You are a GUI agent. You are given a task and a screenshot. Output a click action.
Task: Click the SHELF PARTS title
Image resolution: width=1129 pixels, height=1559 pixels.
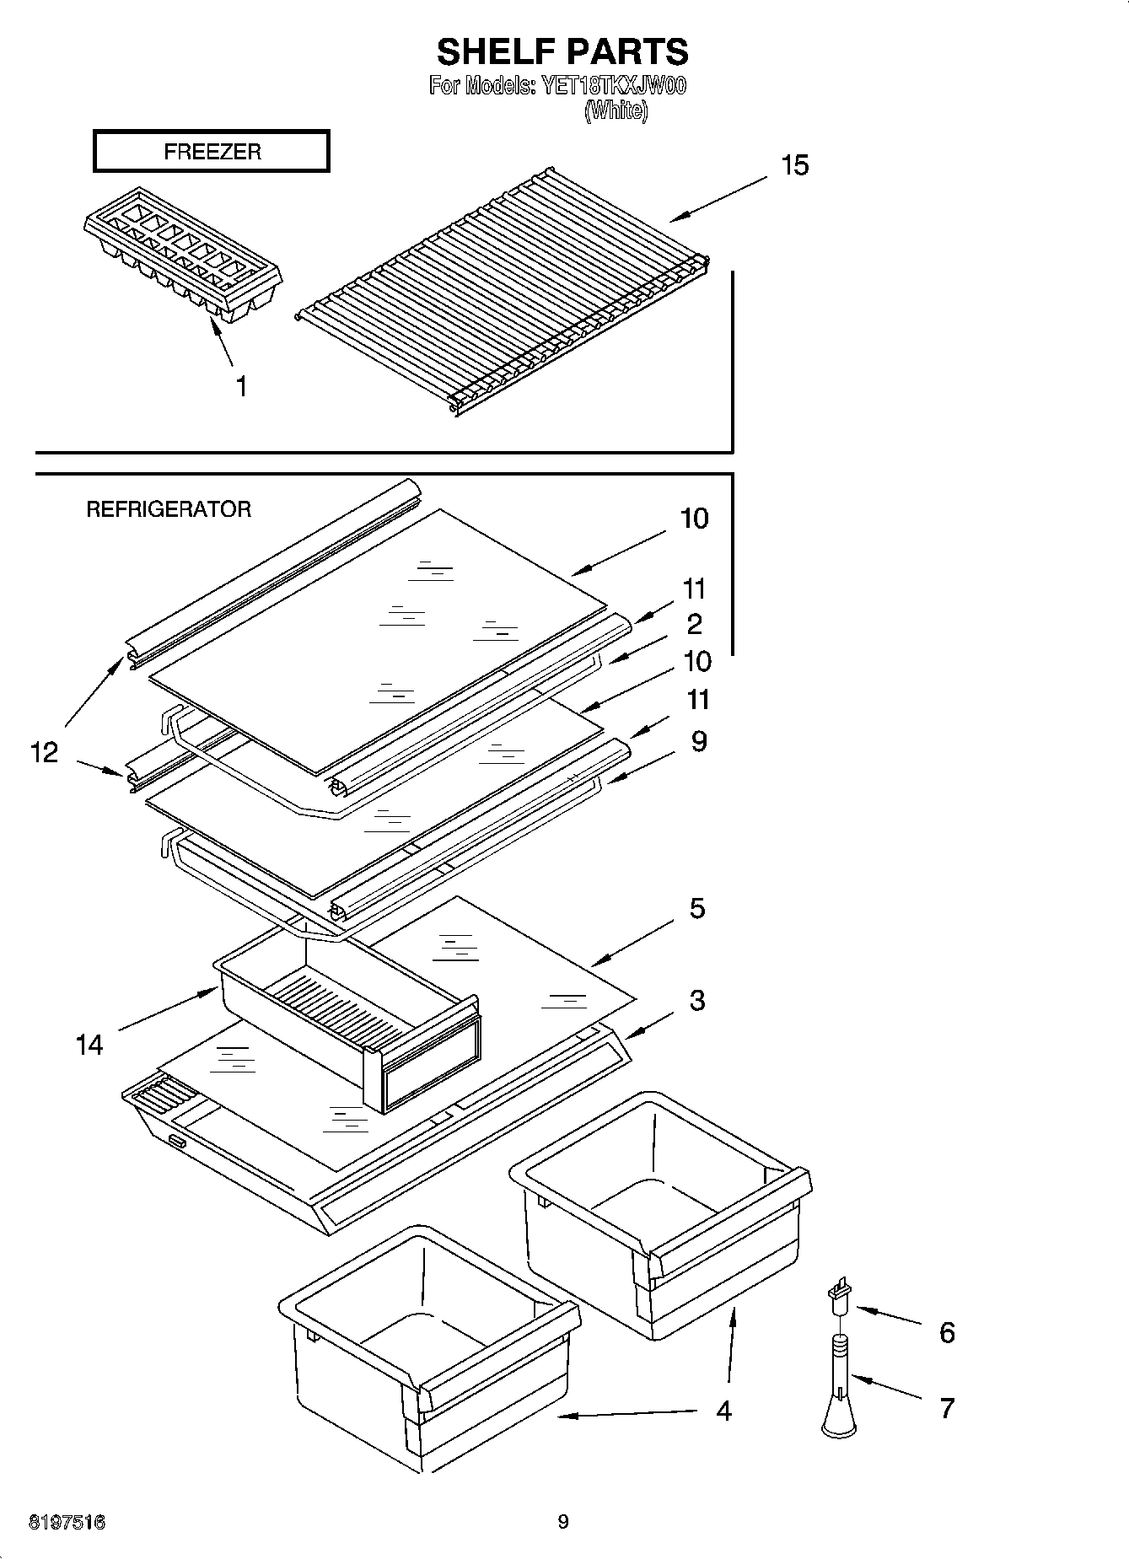pos(562,51)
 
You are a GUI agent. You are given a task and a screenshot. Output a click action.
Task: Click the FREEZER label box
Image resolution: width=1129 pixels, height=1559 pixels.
pos(211,152)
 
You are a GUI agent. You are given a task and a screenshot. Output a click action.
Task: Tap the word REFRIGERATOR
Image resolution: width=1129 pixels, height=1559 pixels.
pos(169,509)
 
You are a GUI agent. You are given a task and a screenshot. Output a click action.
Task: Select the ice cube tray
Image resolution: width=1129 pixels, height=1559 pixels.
pos(182,253)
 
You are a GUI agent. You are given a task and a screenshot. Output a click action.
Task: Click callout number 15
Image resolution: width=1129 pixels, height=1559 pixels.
pos(794,165)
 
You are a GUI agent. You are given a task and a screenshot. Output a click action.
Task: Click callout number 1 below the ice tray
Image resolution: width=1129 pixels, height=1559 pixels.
pos(241,387)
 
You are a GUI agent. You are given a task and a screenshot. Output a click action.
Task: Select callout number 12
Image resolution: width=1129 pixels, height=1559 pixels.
pos(44,751)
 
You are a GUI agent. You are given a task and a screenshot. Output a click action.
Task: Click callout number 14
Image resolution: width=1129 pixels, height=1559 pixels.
pos(89,1046)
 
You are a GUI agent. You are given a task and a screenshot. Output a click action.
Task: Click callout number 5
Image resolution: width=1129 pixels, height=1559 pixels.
pos(696,909)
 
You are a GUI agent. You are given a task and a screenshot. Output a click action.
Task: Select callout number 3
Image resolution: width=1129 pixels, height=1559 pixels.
pos(696,1001)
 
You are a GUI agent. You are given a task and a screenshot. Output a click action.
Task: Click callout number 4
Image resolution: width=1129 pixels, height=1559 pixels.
pos(723,1411)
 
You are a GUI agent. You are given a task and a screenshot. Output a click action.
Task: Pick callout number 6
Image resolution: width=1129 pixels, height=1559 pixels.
pos(946,1333)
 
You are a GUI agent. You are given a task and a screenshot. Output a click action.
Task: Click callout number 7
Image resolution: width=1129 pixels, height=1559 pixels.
pos(946,1408)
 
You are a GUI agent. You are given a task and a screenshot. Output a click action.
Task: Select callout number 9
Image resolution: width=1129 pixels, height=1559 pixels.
pos(698,742)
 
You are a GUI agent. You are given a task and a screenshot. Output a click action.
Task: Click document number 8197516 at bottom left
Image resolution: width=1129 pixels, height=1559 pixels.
pos(67,1522)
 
